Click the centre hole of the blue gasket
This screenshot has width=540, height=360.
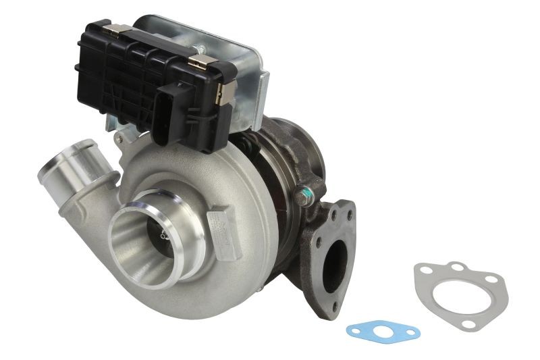click(x=383, y=332)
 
